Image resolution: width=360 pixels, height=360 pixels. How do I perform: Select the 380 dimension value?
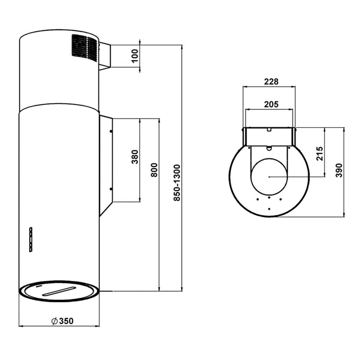point(135,157)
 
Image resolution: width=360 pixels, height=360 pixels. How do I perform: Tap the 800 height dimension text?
point(154,170)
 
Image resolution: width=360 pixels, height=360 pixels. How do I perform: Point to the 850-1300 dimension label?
point(177,183)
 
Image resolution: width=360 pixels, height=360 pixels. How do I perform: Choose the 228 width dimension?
point(271,82)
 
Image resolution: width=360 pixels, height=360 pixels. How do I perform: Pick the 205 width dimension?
point(271,104)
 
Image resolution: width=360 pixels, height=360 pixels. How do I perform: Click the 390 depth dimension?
point(339,170)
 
